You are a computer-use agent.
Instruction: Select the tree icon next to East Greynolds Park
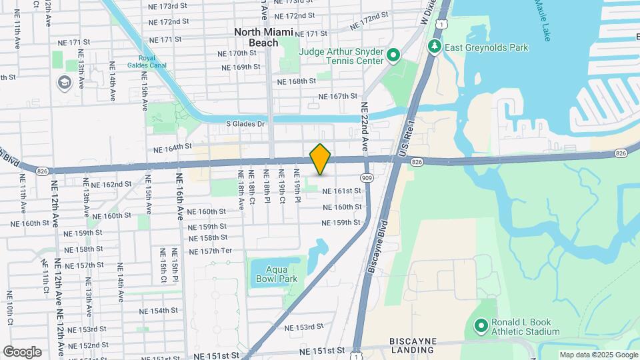435,47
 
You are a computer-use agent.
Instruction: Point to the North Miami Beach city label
263,37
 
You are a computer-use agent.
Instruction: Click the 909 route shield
367,178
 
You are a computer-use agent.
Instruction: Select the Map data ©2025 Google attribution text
598,355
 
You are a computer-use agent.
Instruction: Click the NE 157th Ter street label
210,251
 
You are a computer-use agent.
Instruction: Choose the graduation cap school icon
65,82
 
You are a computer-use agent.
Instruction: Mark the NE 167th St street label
338,97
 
